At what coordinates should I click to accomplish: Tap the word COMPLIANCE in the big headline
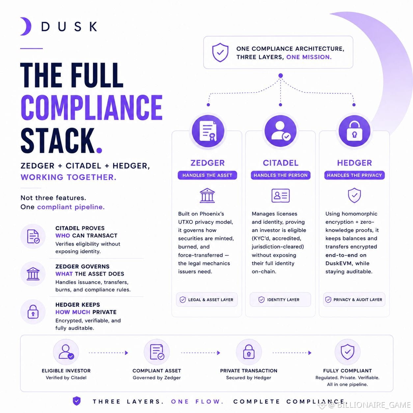point(92,107)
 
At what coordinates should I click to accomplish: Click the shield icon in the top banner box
point(220,52)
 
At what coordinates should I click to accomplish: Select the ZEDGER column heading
point(207,163)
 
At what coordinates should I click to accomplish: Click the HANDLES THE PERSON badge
point(281,175)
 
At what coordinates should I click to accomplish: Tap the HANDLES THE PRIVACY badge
point(354,175)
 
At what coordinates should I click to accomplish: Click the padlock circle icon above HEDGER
point(354,131)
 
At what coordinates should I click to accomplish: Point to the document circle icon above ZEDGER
point(208,131)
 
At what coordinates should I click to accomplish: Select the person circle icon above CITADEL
point(281,131)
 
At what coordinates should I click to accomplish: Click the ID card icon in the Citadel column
point(281,195)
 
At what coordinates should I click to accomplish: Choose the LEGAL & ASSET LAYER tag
point(207,299)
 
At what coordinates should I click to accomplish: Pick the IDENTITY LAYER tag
point(280,299)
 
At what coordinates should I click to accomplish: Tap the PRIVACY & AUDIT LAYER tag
point(354,299)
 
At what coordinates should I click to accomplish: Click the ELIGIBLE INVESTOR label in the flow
point(66,371)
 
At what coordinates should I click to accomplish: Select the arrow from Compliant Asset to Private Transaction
point(201,353)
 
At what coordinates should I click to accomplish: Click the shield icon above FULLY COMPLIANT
point(347,352)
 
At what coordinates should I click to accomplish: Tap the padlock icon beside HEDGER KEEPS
point(33,312)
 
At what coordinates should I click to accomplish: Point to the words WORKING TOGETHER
point(69,177)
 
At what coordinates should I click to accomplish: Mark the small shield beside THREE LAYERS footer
point(77,401)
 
